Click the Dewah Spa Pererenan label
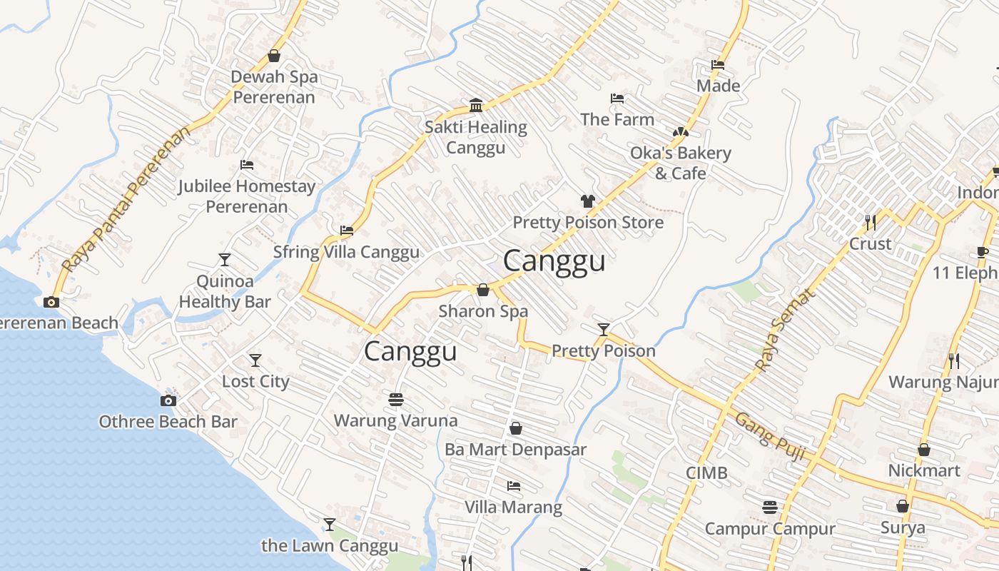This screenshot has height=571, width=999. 274,87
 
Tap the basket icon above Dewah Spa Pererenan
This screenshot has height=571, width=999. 274,56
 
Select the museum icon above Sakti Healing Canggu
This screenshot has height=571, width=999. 476,106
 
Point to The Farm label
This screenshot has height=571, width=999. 617,119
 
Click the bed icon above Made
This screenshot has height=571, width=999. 718,65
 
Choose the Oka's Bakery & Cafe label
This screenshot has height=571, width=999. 680,163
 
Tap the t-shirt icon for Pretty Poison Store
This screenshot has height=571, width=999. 587,201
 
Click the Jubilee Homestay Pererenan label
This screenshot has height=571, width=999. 246,196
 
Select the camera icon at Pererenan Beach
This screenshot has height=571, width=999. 51,302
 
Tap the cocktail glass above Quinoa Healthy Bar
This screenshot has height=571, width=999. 225,259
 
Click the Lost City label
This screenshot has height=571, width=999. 255,381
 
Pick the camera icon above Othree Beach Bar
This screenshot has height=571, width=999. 168,400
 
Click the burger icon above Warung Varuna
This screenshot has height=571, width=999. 396,400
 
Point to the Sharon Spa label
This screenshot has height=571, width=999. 483,311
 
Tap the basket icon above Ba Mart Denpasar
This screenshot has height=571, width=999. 515,428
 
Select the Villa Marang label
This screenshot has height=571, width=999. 513,507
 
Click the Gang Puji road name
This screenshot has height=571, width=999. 771,436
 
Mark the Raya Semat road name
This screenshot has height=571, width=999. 784,330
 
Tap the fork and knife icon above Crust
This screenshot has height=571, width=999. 870,223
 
